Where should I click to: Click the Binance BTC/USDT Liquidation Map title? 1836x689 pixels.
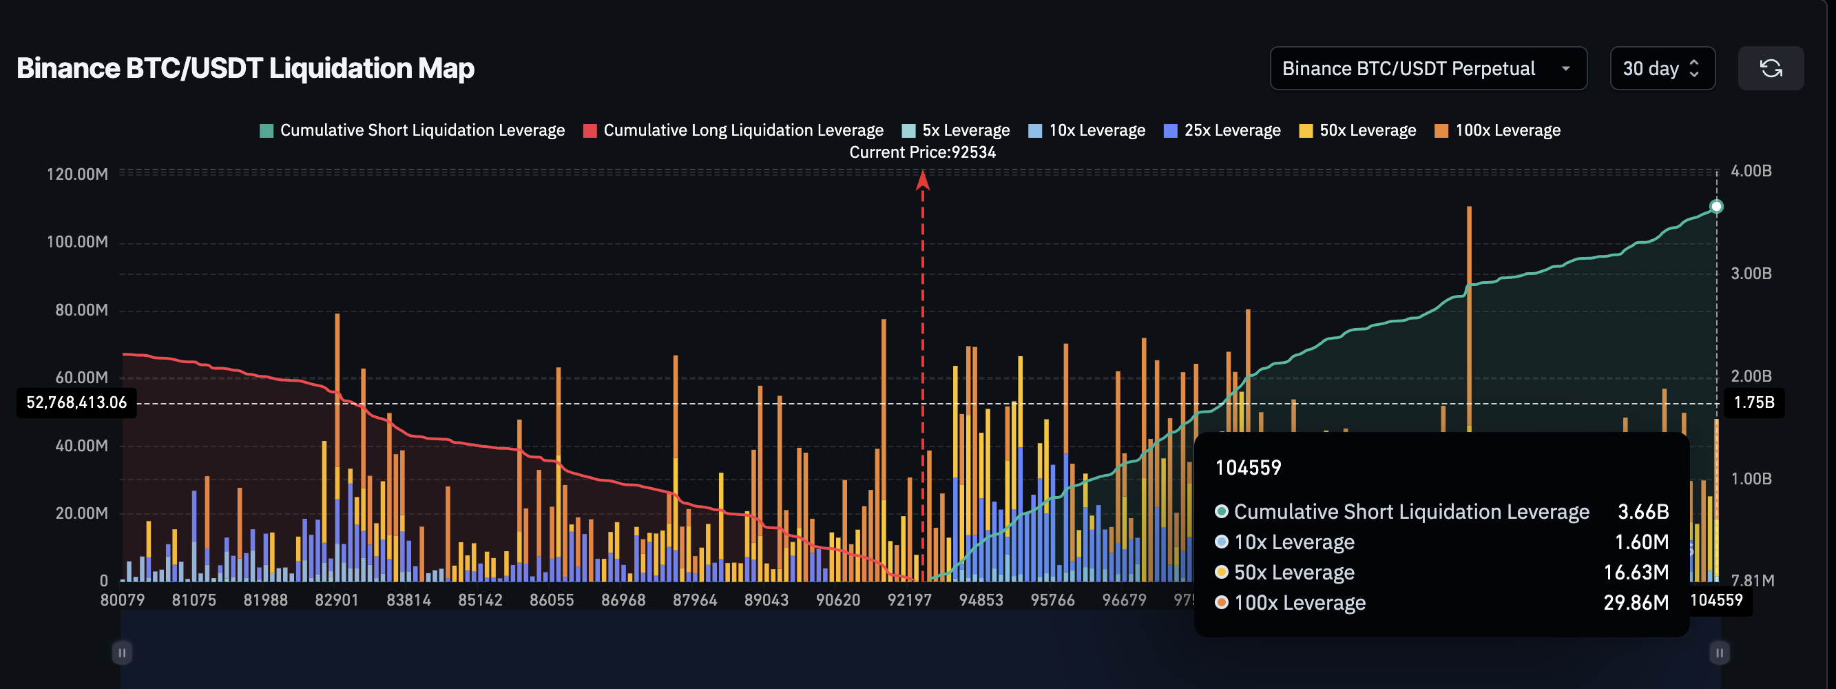point(245,68)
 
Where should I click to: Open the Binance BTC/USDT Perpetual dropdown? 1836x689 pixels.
point(1427,68)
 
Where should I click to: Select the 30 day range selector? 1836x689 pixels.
point(1661,68)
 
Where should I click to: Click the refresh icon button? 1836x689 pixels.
point(1771,68)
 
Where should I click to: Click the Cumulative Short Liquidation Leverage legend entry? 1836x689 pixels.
point(412,130)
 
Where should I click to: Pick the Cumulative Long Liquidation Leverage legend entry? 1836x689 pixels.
point(733,130)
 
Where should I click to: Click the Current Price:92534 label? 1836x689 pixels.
point(922,152)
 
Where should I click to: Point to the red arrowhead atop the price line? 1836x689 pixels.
point(922,181)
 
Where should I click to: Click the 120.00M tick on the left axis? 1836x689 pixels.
point(77,175)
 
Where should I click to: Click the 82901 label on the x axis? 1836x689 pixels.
point(336,601)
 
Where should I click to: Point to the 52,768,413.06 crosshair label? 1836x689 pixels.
point(76,403)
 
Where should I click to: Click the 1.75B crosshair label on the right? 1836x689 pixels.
point(1753,403)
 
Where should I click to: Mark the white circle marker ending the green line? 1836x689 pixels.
point(1716,207)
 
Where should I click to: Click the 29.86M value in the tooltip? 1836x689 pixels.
point(1636,603)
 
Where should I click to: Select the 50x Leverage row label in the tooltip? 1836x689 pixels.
point(1293,573)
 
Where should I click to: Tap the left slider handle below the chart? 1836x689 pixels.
point(122,652)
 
